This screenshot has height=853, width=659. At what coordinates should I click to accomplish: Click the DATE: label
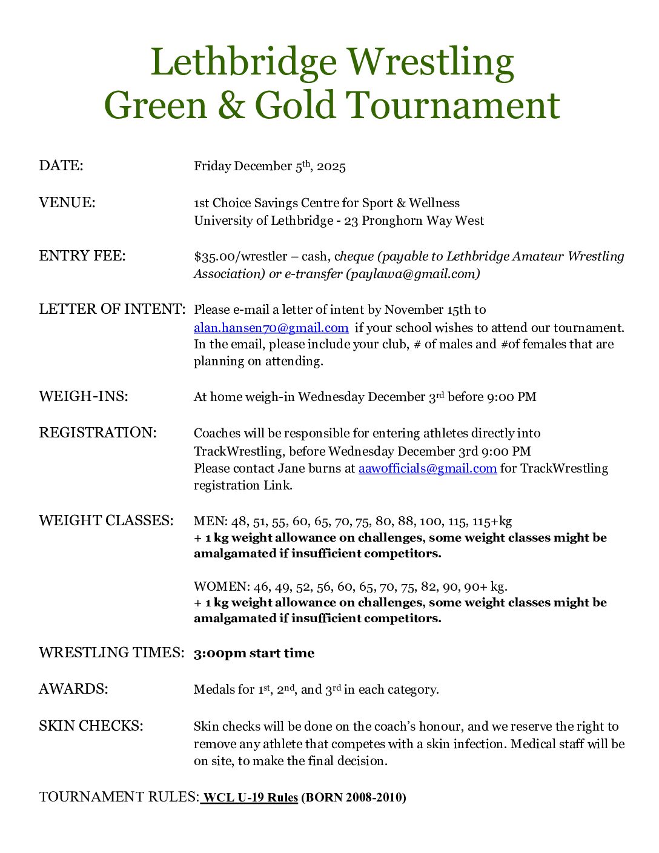click(61, 165)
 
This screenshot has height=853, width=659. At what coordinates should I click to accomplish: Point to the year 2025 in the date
click(331, 167)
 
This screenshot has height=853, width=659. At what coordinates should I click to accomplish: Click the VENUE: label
click(67, 202)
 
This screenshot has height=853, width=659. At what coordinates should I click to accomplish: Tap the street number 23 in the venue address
click(351, 221)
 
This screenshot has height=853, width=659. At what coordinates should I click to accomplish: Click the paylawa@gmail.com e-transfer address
click(412, 274)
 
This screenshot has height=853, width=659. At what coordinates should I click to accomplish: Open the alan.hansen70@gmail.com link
click(271, 328)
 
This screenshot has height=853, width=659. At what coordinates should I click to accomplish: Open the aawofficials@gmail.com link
click(428, 468)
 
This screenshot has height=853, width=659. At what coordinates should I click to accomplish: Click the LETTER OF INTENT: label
click(112, 309)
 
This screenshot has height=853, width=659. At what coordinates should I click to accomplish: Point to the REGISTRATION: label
click(98, 433)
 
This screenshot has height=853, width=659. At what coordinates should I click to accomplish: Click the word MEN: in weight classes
click(210, 521)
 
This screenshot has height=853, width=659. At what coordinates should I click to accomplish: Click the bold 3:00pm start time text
click(254, 653)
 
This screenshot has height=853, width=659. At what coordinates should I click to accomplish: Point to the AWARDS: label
click(73, 689)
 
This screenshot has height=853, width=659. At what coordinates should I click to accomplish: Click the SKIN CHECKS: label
click(91, 726)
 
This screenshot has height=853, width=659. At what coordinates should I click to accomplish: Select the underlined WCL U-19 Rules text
click(250, 797)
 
